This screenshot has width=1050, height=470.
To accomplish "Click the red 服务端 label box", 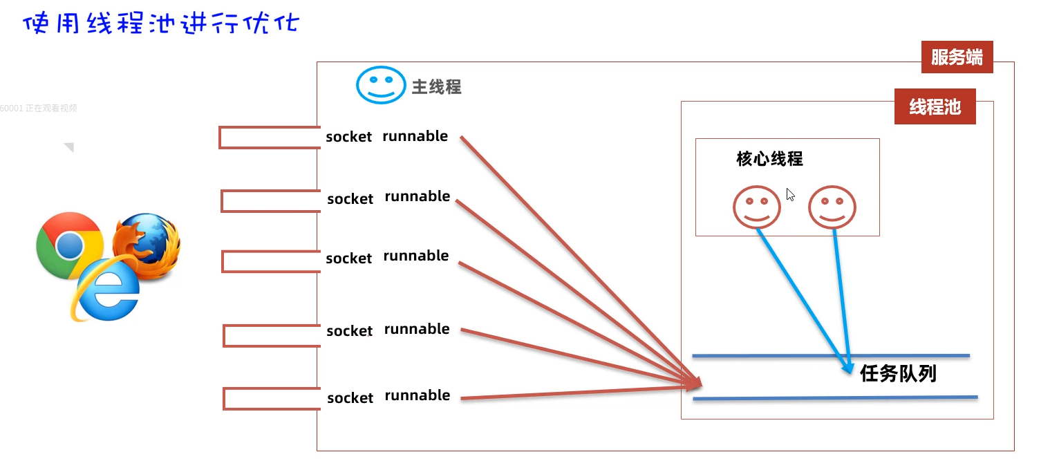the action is click(957, 57).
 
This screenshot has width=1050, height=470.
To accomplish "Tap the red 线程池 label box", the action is click(935, 107).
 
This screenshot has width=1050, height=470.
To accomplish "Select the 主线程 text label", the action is click(436, 87).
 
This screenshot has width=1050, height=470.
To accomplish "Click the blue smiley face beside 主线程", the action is click(380, 85).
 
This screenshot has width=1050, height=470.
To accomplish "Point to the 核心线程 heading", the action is click(769, 159).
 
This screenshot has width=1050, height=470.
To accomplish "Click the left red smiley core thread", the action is click(757, 207).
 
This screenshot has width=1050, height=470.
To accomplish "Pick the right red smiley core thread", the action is click(832, 207).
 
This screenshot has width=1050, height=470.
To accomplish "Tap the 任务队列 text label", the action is click(898, 374).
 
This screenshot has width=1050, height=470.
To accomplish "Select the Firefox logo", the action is click(147, 246).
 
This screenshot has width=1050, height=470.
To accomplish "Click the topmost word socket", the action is click(349, 137).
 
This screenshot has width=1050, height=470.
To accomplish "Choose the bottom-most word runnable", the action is click(417, 395).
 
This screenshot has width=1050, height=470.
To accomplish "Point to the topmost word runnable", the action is click(415, 136).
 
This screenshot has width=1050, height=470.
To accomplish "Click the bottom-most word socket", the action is click(350, 398).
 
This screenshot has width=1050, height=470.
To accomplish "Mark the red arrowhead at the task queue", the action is click(694, 383).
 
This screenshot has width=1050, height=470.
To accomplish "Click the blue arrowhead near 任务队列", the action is click(848, 368).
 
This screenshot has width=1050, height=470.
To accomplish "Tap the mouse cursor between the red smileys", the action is click(790, 195).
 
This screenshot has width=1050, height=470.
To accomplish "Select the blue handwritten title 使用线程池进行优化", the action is click(161, 24).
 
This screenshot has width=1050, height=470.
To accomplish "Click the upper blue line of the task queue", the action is click(829, 356).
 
